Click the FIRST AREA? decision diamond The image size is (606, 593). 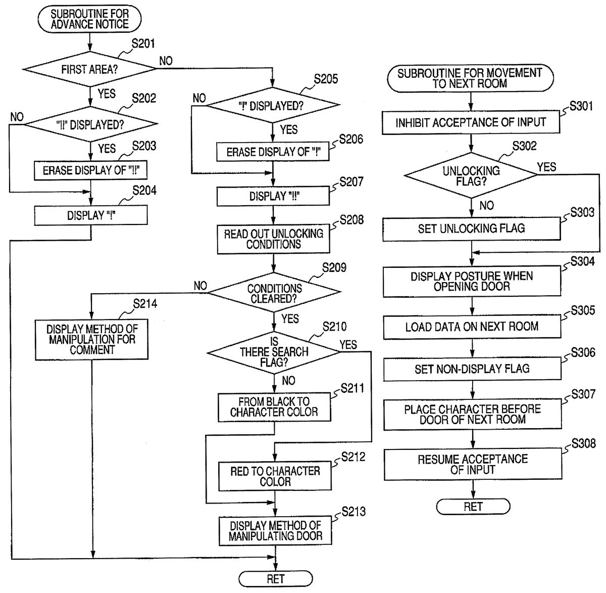[x=89, y=69]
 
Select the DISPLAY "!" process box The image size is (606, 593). [x=91, y=216]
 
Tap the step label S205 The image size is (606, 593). [x=326, y=79]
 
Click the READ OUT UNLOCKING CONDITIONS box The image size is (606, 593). [x=273, y=239]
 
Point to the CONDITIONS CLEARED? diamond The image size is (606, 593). [x=274, y=293]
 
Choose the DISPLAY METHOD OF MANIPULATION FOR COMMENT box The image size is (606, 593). [x=92, y=339]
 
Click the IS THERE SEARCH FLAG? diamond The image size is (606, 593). [x=274, y=352]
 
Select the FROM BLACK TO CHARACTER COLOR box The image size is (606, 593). [x=275, y=407]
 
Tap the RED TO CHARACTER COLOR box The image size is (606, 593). [x=275, y=476]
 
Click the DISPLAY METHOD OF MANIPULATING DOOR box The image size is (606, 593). [x=275, y=531]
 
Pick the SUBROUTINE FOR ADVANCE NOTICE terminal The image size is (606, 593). [x=89, y=19]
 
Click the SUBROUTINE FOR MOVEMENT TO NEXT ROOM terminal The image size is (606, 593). [x=470, y=78]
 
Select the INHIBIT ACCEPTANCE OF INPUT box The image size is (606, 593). [x=471, y=122]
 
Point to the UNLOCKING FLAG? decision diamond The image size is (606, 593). [x=471, y=175]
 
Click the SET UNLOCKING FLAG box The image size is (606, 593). [x=471, y=229]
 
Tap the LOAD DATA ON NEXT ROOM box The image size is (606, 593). [x=472, y=327]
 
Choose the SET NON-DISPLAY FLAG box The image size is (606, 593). [x=472, y=369]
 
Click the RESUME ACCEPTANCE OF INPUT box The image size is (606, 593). [x=473, y=464]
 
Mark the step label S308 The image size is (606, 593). [x=583, y=443]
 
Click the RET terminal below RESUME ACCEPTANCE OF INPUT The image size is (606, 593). [x=473, y=507]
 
